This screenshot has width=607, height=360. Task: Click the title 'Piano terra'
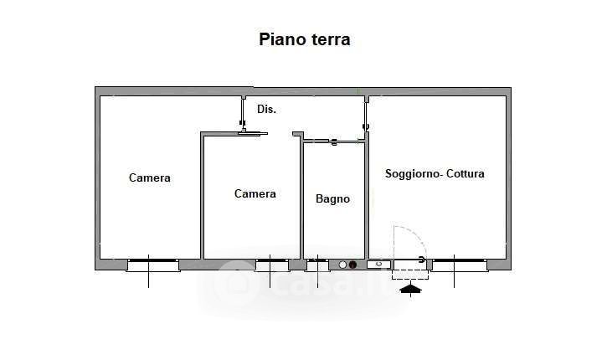[x=304, y=39]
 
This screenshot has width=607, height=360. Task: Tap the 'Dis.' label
[x=266, y=109]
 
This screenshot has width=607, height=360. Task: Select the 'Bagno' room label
[x=332, y=198]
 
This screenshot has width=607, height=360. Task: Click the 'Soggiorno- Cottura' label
[x=435, y=174]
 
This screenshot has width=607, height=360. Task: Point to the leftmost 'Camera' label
[x=150, y=177]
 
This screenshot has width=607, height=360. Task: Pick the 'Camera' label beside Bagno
[x=255, y=193]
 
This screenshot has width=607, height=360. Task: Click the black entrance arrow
[x=410, y=290]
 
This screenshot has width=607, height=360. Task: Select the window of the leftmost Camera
[x=152, y=265]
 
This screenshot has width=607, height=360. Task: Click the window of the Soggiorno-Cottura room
[x=458, y=265]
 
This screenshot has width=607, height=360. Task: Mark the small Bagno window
[x=317, y=265]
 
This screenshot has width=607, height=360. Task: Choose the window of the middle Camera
[x=271, y=265]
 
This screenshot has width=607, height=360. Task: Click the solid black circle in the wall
[x=352, y=265]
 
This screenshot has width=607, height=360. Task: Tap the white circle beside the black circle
[x=342, y=265]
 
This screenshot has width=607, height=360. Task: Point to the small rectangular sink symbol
[x=378, y=265]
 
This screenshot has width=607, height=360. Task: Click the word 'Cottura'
[x=466, y=174]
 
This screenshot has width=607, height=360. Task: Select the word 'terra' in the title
[x=328, y=39]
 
